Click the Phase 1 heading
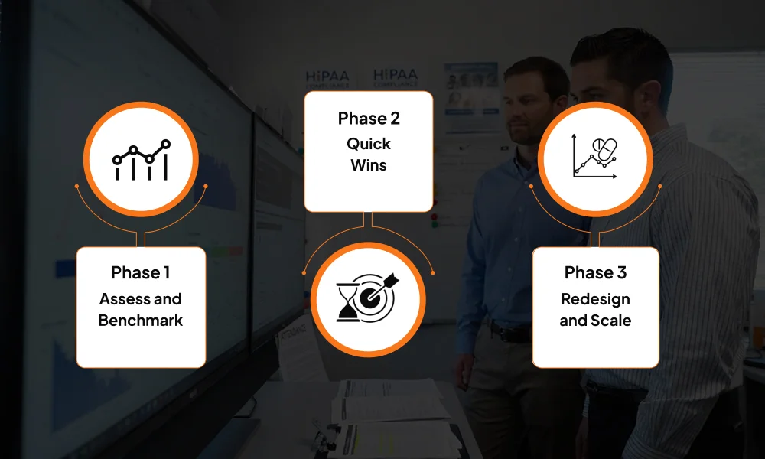pos(140,272)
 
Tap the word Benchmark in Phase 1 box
pos(141,320)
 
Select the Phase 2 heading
pos(368,119)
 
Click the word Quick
pos(368,143)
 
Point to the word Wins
pos(368,164)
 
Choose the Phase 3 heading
pos(595,272)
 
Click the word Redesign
pos(595,298)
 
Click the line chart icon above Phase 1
pos(141,159)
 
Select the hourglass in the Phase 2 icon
pos(348,301)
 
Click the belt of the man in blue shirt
pos(510,333)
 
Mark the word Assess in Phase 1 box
pos(119,298)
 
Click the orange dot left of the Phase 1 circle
pos(76,186)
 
